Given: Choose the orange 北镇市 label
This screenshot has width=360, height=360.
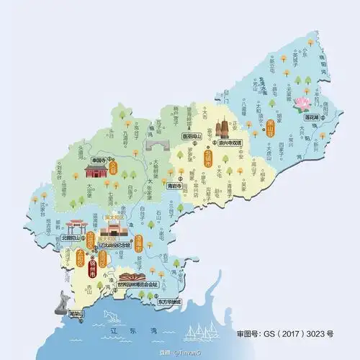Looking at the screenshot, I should click(208, 158).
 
